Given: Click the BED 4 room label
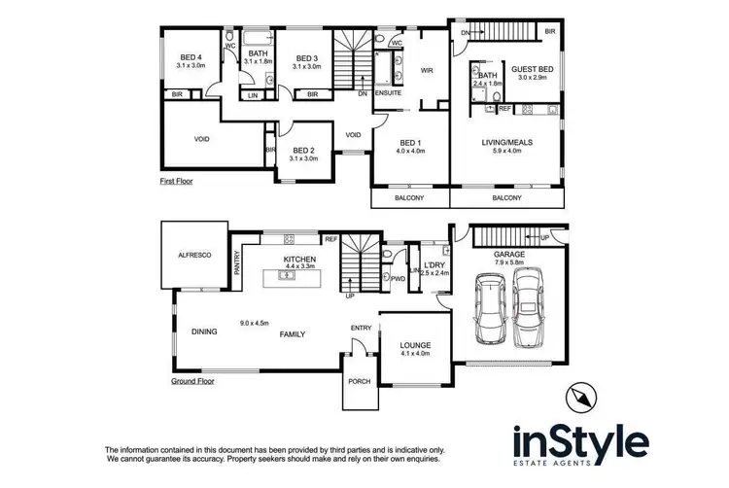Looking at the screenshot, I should [x=191, y=57].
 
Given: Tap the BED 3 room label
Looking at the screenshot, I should [x=306, y=57].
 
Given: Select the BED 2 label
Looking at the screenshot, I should [x=304, y=150].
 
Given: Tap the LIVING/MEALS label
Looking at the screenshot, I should [x=508, y=143].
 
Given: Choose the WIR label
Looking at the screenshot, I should [x=426, y=70].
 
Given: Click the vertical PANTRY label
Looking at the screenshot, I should [x=236, y=264].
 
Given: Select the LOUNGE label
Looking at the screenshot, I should [x=415, y=345].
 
